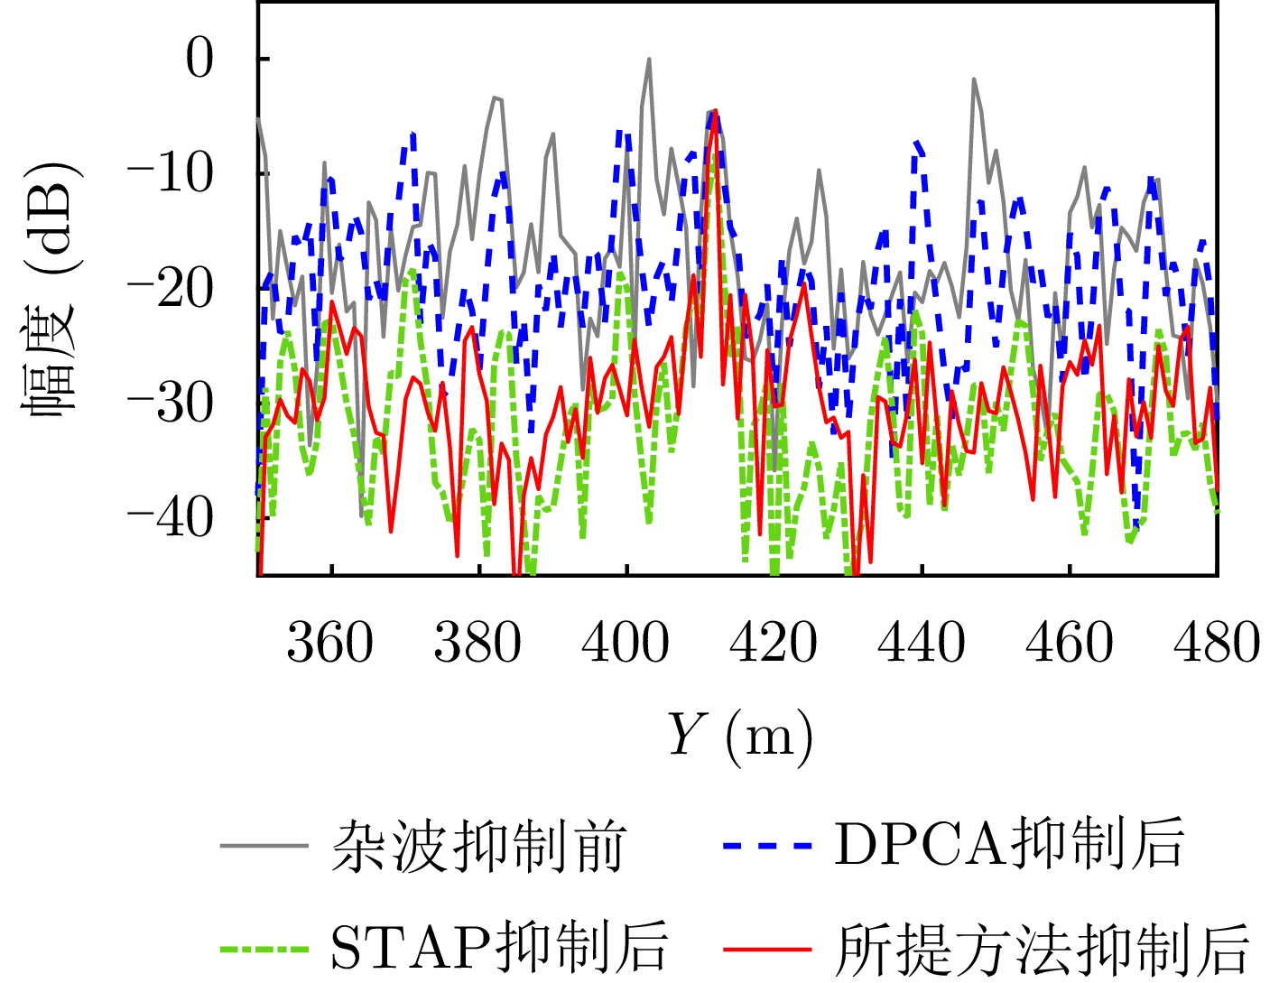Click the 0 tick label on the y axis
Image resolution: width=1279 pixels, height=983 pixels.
(199, 59)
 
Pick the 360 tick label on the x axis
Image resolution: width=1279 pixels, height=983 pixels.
(330, 644)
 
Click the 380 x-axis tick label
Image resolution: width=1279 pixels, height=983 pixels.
(478, 644)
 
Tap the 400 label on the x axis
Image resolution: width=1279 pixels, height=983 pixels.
(626, 644)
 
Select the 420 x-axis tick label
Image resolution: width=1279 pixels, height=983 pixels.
(774, 644)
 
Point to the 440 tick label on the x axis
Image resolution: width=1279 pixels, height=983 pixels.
(922, 644)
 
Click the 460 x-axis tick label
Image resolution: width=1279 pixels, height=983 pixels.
(1070, 644)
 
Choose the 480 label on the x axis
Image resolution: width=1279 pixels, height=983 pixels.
(1216, 644)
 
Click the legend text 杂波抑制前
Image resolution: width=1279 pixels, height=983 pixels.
(478, 846)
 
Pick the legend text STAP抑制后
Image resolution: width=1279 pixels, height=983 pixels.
(499, 948)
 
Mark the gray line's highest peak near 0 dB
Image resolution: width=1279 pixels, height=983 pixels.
(649, 60)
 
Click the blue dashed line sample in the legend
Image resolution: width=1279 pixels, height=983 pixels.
(766, 846)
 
